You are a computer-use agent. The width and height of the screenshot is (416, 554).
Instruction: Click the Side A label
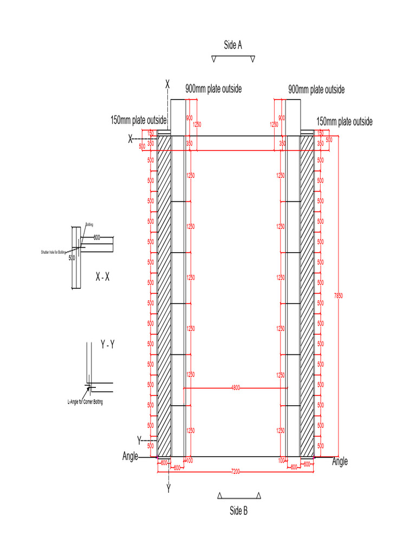coord(232,45)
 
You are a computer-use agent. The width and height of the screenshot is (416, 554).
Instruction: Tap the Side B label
coord(238,510)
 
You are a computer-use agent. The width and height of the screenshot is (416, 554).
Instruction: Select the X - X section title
coord(102,276)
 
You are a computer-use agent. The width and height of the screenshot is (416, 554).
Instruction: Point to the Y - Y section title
coord(107,345)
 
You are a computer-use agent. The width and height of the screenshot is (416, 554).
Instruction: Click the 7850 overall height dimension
coord(339,295)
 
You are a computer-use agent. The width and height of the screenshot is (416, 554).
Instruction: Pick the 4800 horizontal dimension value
coord(236,387)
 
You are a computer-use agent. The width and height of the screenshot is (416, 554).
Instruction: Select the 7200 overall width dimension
coord(236,472)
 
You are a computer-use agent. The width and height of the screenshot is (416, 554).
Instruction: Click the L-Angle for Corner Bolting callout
coord(84,402)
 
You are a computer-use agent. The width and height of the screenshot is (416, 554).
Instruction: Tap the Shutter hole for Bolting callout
coord(54,252)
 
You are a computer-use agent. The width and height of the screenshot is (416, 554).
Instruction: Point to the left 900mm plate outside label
coord(213,89)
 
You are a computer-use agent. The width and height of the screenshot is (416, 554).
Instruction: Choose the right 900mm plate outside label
coord(316,89)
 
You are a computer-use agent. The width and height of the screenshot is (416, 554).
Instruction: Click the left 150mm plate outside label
coord(139,121)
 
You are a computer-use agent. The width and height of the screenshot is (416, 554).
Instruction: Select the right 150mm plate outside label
coord(344,122)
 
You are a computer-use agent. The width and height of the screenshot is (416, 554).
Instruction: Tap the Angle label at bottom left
coord(131,457)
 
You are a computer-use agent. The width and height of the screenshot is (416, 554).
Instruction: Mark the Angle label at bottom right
coord(340,461)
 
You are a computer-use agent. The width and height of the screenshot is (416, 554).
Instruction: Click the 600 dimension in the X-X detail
coord(97,238)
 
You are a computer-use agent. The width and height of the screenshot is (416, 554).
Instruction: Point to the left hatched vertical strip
coord(164,296)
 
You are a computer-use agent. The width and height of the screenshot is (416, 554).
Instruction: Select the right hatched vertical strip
coord(307,296)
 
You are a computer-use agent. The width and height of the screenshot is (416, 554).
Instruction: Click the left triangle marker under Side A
coord(214,60)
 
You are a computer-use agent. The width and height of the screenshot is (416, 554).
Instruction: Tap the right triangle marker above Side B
coord(259,496)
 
